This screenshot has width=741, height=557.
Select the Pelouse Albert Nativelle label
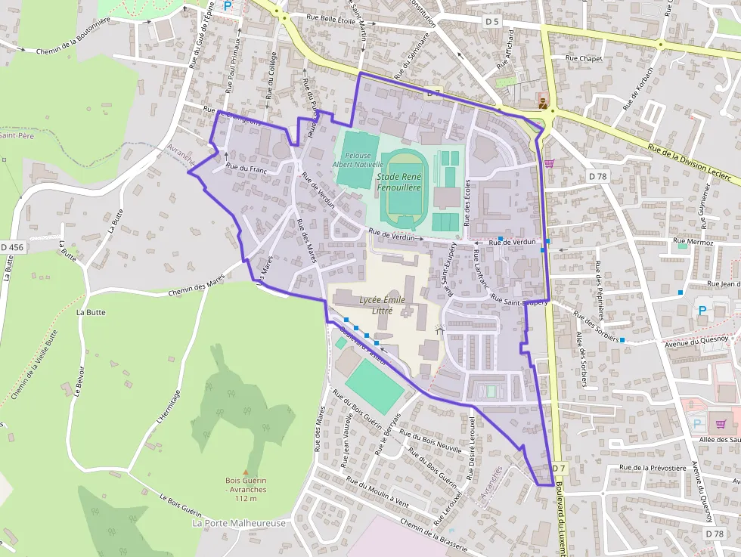tap(353, 159)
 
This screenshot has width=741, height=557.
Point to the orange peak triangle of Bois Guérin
tap(245, 472)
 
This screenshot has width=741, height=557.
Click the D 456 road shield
tap(12, 247)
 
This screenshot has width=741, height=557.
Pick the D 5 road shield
tap(492, 21)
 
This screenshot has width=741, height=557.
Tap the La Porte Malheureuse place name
tap(239, 523)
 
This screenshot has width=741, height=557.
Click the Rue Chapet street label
tap(583, 58)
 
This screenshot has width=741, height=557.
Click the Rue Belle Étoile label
tap(330, 20)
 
